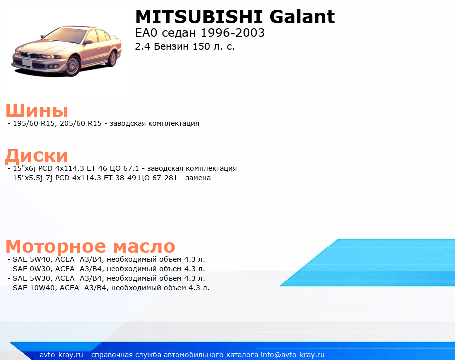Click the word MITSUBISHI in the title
(199, 17)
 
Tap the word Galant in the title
(302, 17)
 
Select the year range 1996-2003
(232, 33)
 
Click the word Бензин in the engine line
(171, 46)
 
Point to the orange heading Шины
(37, 110)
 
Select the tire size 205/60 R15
(81, 123)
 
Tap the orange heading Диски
(37, 156)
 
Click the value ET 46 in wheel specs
(97, 168)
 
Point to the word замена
(198, 178)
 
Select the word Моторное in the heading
(56, 246)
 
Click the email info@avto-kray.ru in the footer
(293, 355)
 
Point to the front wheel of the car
(72, 66)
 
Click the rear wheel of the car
(112, 59)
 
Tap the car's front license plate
(27, 63)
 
